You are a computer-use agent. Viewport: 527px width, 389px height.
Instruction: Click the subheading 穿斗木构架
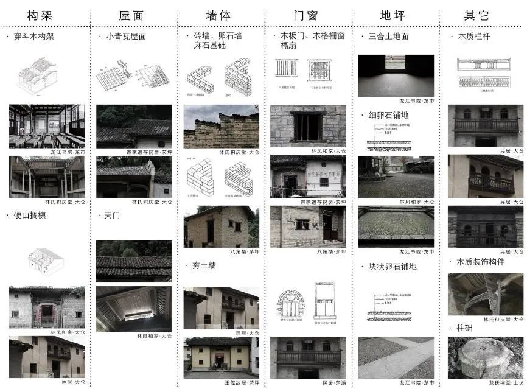point(33,37)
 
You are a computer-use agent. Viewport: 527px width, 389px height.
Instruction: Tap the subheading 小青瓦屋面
point(125,37)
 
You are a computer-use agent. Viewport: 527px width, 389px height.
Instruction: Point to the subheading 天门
point(113,215)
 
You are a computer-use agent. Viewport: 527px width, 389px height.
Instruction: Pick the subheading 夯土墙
point(204,265)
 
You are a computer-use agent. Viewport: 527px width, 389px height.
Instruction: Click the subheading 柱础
point(469,328)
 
